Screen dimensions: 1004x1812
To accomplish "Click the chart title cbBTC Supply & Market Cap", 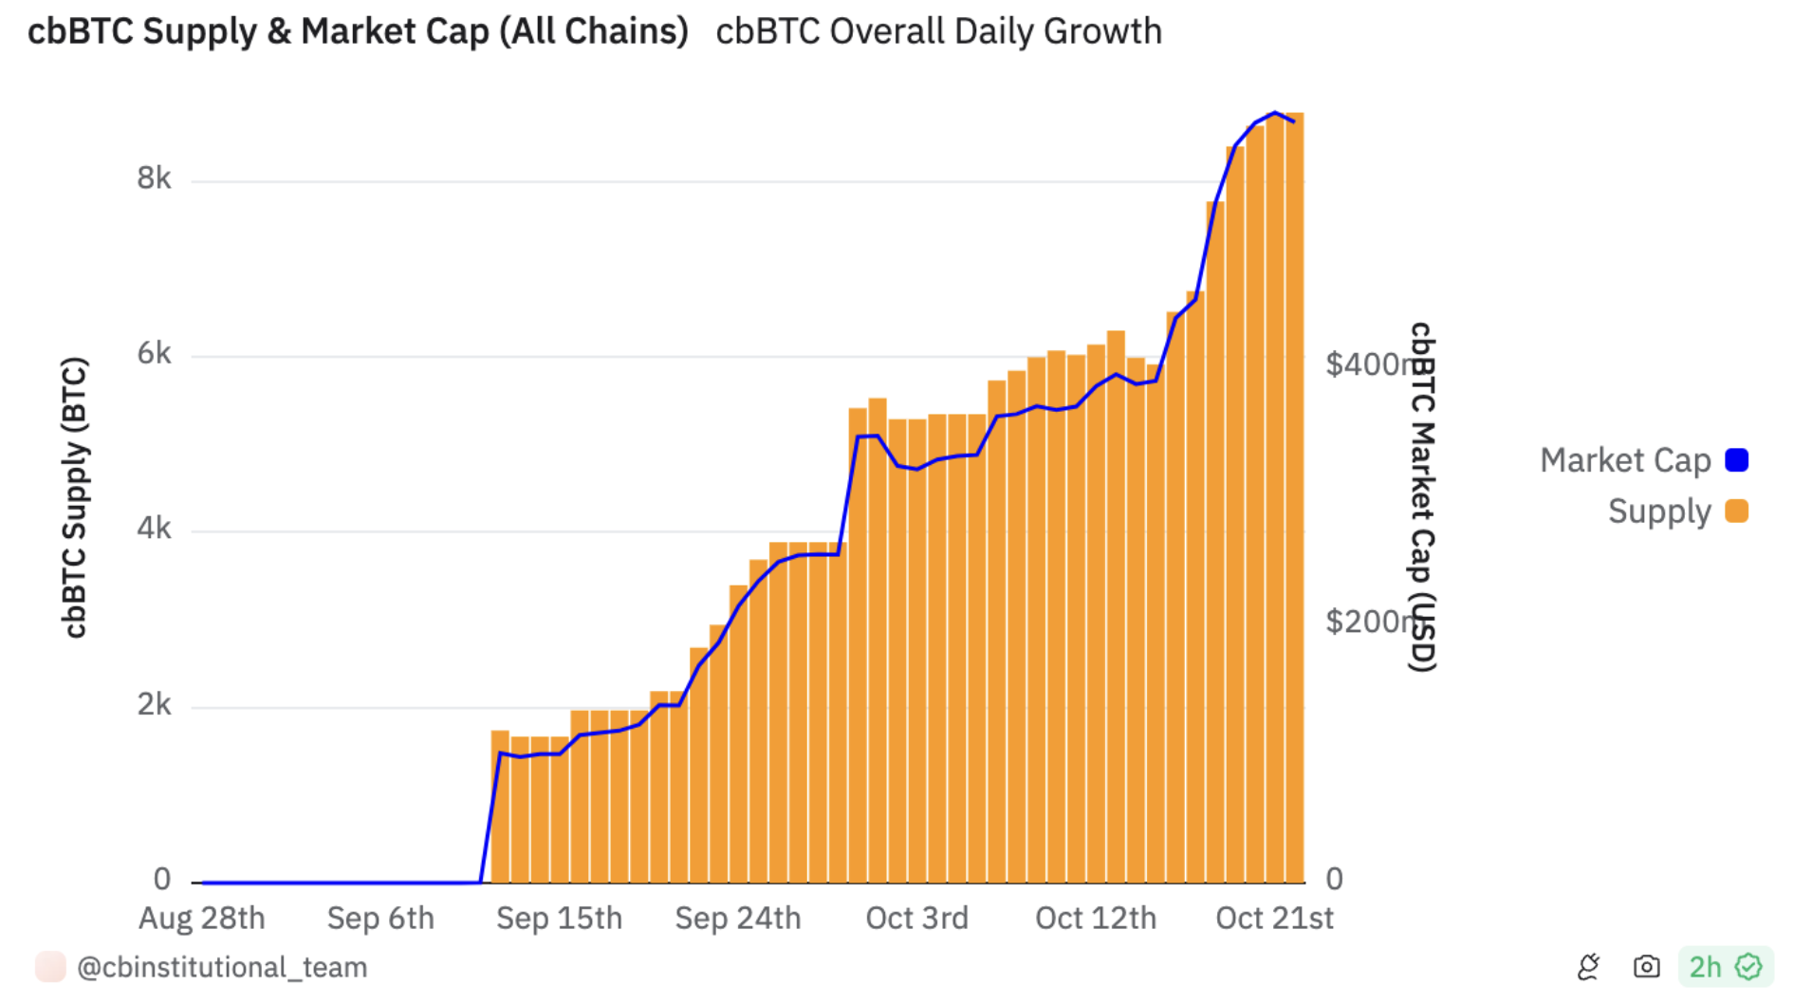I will pos(358,31).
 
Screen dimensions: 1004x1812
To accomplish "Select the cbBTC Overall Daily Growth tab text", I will pos(938,31).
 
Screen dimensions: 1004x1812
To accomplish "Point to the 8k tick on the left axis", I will pos(154,178).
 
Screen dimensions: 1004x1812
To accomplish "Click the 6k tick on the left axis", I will pos(154,354).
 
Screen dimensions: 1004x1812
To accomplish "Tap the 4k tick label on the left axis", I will pos(154,529).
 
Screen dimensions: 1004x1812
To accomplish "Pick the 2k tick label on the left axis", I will pos(154,705).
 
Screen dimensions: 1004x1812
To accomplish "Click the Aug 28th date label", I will pos(202,919).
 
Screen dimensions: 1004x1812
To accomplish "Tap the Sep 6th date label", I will pos(380,919).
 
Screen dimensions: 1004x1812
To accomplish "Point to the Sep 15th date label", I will pos(559,919).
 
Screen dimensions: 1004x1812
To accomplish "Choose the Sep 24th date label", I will pos(738,919).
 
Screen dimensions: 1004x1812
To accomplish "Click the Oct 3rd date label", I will pos(916,919).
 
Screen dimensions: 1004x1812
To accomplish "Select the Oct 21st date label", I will pos(1274,919).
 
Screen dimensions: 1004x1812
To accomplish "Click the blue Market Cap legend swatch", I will pos(1736,460).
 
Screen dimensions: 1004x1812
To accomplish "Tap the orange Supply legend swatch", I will pos(1736,511).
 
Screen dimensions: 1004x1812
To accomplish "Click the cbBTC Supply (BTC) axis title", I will pos(74,496).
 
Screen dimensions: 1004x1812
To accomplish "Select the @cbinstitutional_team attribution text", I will pos(222,967).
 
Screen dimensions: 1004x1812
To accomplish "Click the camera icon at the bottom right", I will pos(1646,967).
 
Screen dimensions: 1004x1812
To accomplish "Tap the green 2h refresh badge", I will pos(1725,967).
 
